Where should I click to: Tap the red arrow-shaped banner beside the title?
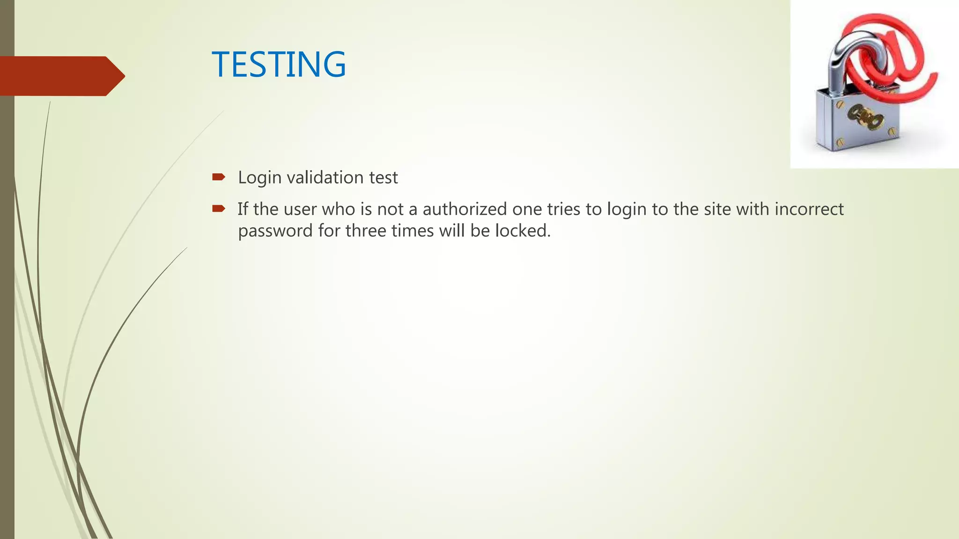[x=61, y=76]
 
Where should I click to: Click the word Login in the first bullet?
[x=259, y=178]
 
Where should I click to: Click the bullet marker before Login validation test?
[x=219, y=177]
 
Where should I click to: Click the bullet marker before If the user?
[x=219, y=209]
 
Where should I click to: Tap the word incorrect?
[x=809, y=209]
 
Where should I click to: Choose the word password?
[x=275, y=231]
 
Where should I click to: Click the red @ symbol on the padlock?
[x=890, y=56]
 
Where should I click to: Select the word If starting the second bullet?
[x=243, y=209]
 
